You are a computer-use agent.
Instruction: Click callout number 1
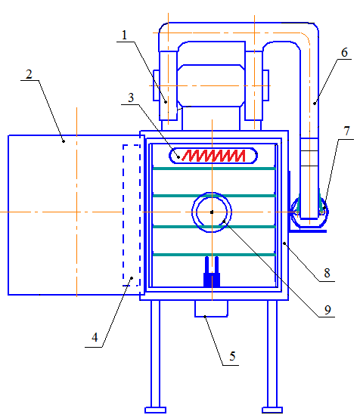(x=124, y=36)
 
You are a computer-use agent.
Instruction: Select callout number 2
(x=29, y=74)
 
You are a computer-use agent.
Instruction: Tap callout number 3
(x=131, y=98)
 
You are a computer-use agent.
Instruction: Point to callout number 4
(x=95, y=337)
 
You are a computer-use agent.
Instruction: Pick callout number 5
(x=232, y=356)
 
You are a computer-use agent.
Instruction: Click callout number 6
(x=345, y=52)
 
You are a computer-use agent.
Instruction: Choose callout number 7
(x=346, y=131)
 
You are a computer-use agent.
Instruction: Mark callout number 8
(x=327, y=273)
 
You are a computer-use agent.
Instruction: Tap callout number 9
(x=327, y=310)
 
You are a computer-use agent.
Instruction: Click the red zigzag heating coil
(x=213, y=156)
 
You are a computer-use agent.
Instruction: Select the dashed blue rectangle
(x=132, y=215)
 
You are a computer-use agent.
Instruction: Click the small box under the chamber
(x=211, y=308)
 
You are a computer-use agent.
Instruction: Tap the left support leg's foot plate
(x=156, y=410)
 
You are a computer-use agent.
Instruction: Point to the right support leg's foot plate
(x=272, y=410)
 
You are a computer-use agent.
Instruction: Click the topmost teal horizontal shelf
(x=214, y=169)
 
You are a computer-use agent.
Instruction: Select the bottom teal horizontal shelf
(x=214, y=255)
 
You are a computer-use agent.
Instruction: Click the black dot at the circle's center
(x=212, y=212)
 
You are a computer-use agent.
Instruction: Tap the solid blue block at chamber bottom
(x=212, y=280)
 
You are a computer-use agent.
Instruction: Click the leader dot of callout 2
(x=64, y=141)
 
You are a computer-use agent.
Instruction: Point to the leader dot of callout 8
(x=284, y=243)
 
